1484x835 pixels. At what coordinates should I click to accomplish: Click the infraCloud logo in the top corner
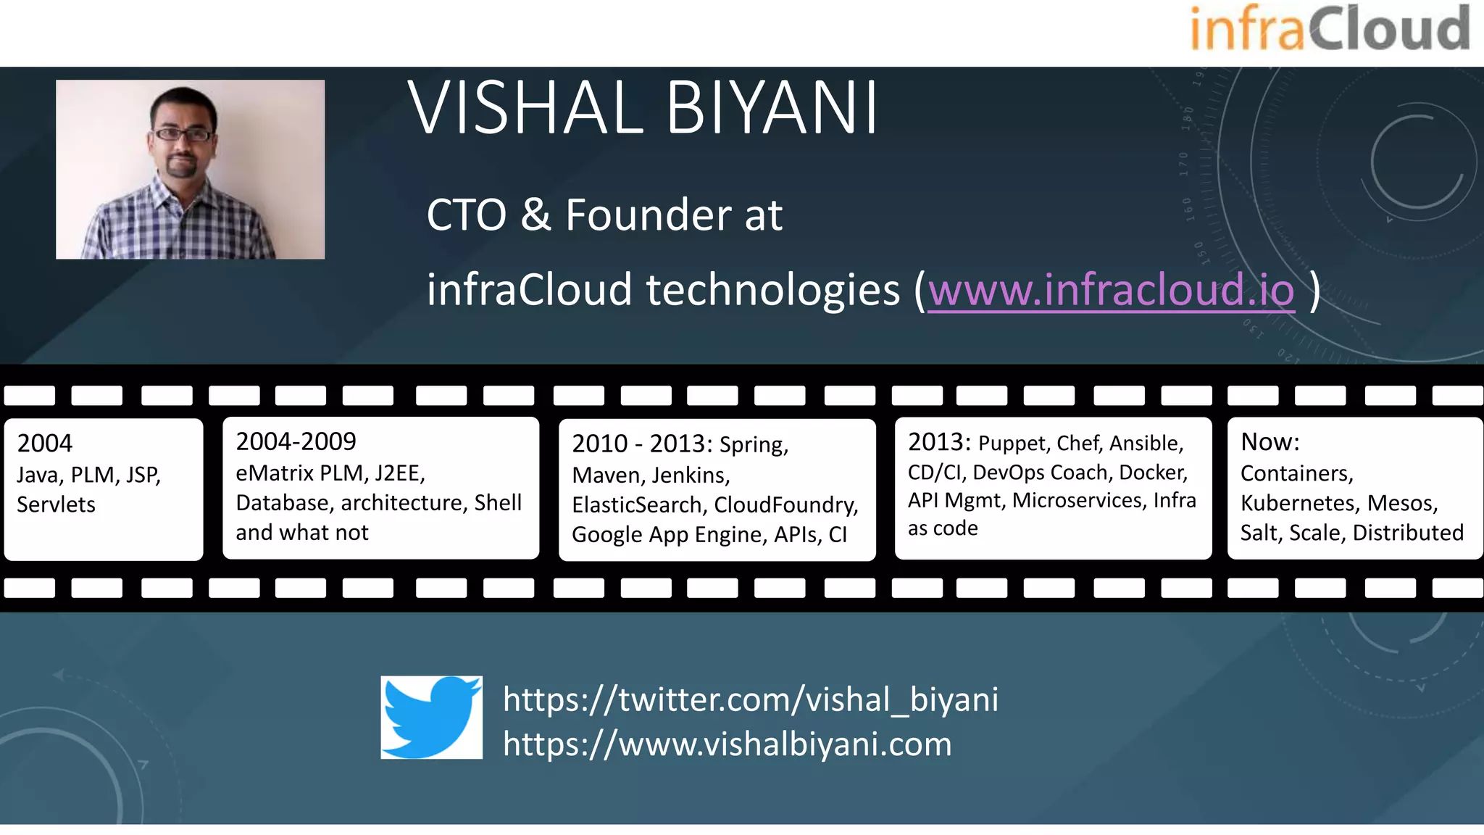point(1329,29)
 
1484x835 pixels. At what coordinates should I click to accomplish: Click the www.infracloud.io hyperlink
point(1110,290)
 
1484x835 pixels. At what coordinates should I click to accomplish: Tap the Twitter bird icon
point(431,717)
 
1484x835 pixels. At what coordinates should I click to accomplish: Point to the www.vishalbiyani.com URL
point(728,744)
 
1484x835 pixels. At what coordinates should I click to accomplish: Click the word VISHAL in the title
point(526,109)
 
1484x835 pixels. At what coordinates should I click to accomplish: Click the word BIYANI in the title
point(772,109)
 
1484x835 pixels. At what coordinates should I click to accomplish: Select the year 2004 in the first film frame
point(45,443)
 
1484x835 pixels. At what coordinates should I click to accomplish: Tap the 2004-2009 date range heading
point(296,441)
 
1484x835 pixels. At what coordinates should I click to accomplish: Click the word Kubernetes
point(1298,503)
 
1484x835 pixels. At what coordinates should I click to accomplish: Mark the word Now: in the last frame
point(1270,441)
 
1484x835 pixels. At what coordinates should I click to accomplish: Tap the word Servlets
point(56,504)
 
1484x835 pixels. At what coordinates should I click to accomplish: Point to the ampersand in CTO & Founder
point(535,215)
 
